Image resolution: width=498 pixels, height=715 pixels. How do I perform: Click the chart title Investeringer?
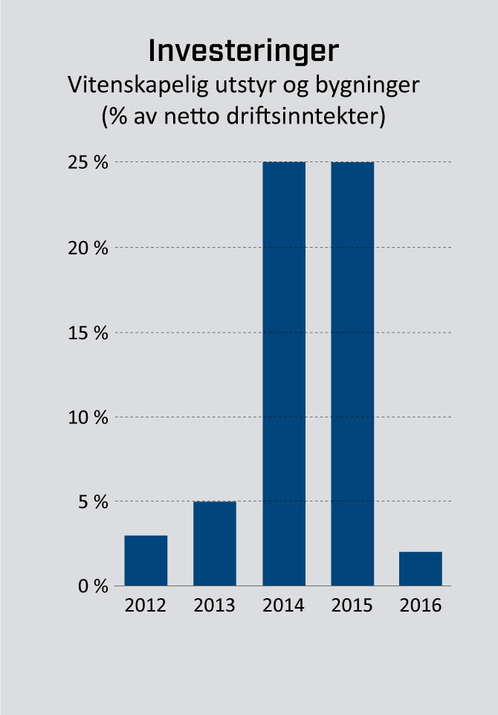(x=243, y=51)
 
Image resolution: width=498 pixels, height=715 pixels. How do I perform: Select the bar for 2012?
(x=146, y=560)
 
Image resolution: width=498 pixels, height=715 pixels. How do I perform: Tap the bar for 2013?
(x=215, y=543)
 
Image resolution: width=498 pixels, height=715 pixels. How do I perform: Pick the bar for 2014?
(x=284, y=373)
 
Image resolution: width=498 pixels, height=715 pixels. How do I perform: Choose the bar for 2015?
(x=352, y=373)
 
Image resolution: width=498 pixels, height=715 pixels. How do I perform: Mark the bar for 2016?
(x=421, y=568)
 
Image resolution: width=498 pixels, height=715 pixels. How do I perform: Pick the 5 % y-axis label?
(x=94, y=501)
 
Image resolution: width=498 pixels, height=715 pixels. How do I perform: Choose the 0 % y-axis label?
(x=94, y=586)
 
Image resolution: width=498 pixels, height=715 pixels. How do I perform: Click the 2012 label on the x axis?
(x=146, y=605)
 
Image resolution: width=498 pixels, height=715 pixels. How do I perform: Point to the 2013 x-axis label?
(x=215, y=605)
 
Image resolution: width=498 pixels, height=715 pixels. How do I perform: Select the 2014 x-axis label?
(x=284, y=605)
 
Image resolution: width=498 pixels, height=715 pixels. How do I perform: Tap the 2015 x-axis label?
(x=352, y=605)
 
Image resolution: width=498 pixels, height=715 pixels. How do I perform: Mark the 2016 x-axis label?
(x=421, y=605)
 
